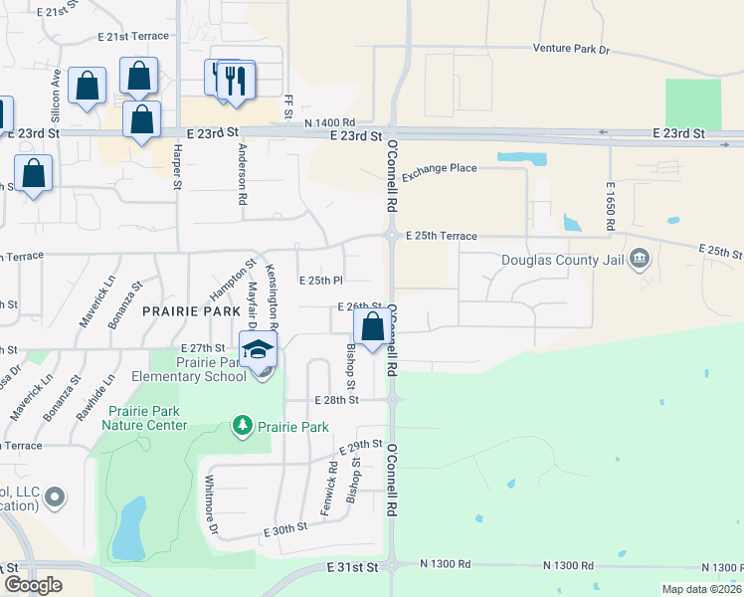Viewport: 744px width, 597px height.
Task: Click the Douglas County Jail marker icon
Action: (641, 259)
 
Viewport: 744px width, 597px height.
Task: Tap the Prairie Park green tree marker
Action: (242, 426)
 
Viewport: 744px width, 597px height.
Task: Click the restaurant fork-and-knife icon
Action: (235, 80)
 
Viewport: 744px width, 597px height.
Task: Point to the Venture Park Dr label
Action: (570, 48)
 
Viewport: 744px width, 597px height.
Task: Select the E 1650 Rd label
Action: (609, 207)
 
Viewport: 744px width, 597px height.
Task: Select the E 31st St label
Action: (353, 566)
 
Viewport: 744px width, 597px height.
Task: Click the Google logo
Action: (32, 585)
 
